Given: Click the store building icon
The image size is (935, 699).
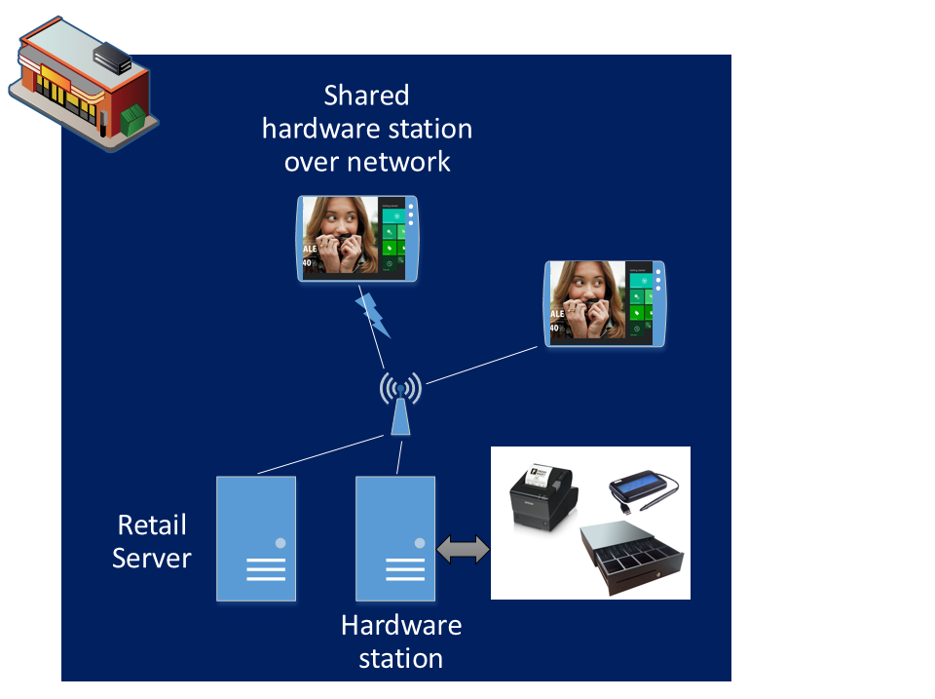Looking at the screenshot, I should click(x=78, y=83).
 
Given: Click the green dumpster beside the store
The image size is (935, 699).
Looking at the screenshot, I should click(x=133, y=119).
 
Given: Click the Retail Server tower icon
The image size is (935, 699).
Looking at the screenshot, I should click(x=255, y=538).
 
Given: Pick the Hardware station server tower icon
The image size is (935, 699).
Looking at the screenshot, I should click(x=394, y=538).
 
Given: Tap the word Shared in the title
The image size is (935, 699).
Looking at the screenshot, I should click(x=366, y=96).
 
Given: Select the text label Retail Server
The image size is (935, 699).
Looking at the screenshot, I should click(x=151, y=541).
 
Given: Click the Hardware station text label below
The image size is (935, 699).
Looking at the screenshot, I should click(x=401, y=641).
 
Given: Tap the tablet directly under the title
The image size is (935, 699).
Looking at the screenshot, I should click(x=358, y=239).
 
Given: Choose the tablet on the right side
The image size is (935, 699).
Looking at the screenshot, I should click(x=605, y=303).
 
